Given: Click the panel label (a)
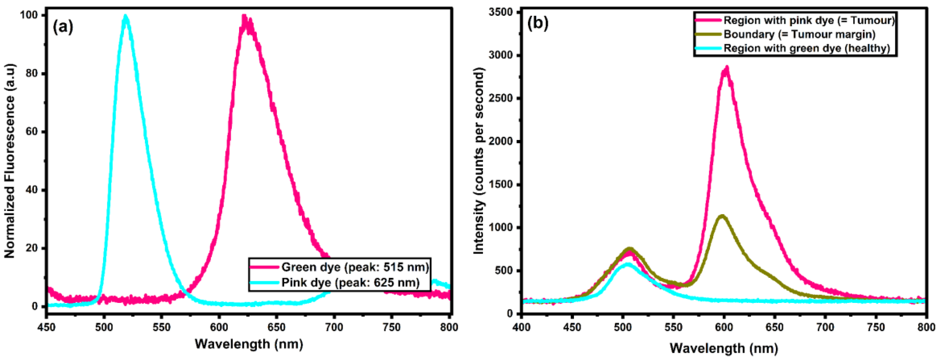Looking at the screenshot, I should tap(63, 27).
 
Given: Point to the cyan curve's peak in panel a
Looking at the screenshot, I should tap(126, 16).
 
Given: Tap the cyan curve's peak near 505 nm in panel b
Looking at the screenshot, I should tap(627, 265).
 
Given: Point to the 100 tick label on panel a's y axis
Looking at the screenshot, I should tap(29, 15).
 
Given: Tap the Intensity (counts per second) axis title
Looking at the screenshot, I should tap(478, 161).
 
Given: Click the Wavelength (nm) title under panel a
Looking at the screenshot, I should tap(248, 344).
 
